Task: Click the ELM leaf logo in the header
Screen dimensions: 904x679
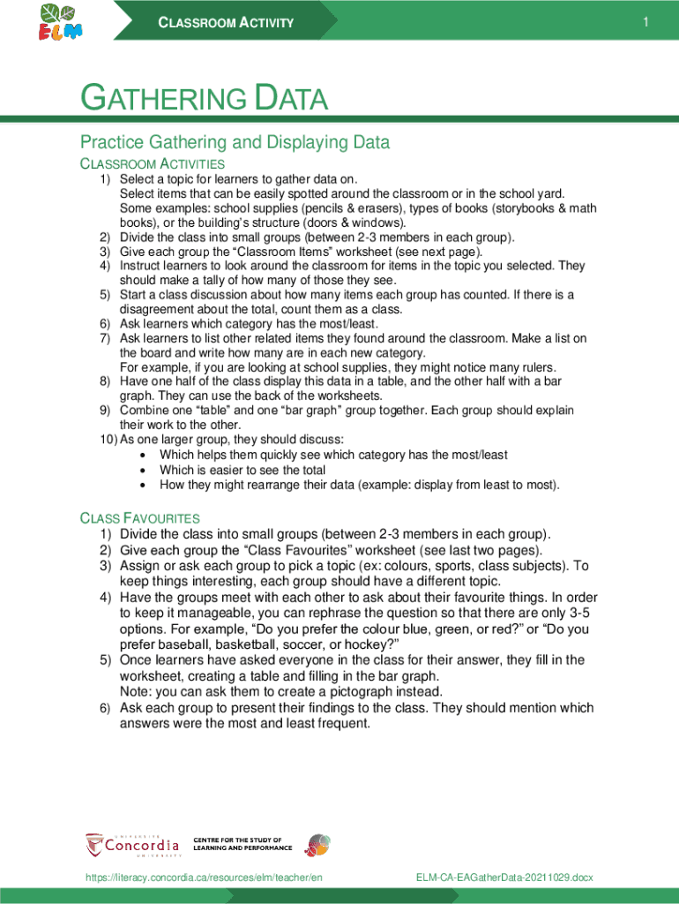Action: [60, 21]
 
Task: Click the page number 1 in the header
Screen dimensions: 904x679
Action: [645, 23]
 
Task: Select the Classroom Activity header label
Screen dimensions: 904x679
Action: [226, 23]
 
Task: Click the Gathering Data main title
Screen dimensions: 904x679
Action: [204, 99]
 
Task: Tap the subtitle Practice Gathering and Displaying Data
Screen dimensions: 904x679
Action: [235, 142]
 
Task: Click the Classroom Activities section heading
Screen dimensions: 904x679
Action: [153, 164]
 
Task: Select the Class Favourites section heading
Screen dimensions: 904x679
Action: [140, 518]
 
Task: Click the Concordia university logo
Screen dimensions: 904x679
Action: [131, 845]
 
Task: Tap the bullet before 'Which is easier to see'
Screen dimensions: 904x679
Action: [144, 471]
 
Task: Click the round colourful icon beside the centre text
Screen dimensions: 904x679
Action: [317, 845]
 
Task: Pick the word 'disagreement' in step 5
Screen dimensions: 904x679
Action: [157, 309]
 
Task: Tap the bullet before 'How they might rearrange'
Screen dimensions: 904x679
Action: [144, 486]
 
